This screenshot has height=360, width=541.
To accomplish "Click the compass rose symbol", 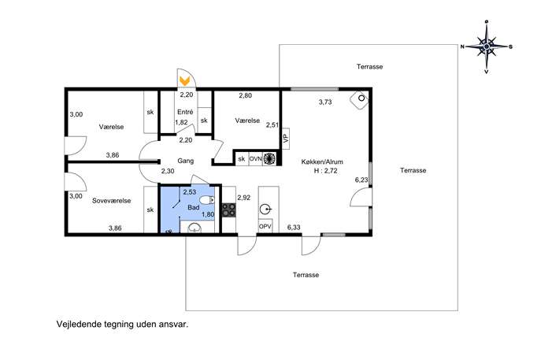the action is click(x=487, y=46).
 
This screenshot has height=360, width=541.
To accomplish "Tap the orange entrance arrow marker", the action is click(x=184, y=81).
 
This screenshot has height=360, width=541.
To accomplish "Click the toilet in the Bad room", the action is click(x=207, y=200).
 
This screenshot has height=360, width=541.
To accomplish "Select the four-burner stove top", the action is click(x=228, y=210).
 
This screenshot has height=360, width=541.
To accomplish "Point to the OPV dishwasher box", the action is click(x=265, y=226).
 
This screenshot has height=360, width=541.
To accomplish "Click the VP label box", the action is click(x=285, y=139).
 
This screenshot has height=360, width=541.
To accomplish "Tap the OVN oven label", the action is click(x=255, y=159).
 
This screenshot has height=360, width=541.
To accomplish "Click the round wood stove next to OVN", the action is click(x=269, y=158).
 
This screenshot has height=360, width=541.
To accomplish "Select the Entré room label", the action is click(x=185, y=112).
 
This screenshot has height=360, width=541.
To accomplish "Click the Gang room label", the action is click(x=186, y=161).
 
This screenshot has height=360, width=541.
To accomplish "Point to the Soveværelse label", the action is click(x=112, y=201).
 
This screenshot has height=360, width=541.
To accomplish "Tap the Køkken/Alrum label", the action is click(x=322, y=161).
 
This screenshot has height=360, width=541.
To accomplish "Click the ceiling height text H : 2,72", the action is click(x=325, y=170).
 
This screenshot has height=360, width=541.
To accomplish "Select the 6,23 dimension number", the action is click(x=361, y=180).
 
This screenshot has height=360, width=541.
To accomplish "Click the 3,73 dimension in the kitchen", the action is click(x=325, y=102).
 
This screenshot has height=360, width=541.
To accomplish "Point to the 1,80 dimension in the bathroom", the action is click(x=208, y=214).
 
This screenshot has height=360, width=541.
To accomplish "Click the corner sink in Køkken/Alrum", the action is click(x=360, y=99).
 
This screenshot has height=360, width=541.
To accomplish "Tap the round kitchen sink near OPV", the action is click(x=265, y=210).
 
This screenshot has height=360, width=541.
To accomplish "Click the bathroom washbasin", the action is click(x=195, y=227).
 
